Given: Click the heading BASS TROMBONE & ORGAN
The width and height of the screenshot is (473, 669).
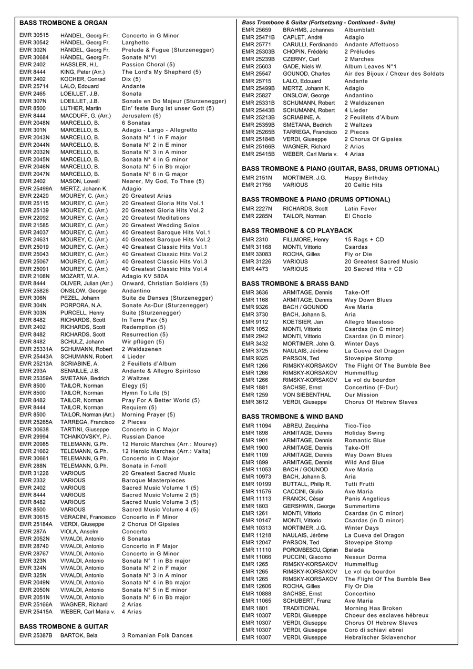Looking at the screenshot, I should [x=63, y=23].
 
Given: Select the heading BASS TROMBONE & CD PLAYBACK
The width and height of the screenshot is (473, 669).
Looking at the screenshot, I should [x=297, y=230].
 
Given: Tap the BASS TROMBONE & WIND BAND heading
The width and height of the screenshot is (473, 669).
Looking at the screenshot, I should [x=292, y=417].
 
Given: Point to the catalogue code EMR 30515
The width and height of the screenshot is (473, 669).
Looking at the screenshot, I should [x=34, y=36].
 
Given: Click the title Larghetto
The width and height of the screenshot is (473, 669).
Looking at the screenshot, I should [x=135, y=43].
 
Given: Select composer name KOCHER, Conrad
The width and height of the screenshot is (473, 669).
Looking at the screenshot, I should [x=83, y=79].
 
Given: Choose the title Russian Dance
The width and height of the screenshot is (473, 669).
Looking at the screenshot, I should [x=143, y=437].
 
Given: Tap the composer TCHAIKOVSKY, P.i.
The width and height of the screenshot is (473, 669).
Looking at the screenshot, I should [x=86, y=437].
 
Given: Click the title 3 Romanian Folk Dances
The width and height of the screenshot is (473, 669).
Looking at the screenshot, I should [x=157, y=635].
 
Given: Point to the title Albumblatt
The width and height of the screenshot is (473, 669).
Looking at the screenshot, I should [x=359, y=30].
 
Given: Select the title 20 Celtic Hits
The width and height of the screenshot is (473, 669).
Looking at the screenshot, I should [x=364, y=185].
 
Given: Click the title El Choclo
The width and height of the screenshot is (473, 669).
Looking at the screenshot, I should [x=358, y=216].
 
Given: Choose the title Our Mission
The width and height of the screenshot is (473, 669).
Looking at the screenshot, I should [x=361, y=394].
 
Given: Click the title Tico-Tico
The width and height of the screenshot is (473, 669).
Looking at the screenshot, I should [x=357, y=425].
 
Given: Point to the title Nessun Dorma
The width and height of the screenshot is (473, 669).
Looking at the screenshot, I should [x=365, y=557].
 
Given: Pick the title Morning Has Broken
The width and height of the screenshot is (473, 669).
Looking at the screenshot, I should [x=373, y=608].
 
